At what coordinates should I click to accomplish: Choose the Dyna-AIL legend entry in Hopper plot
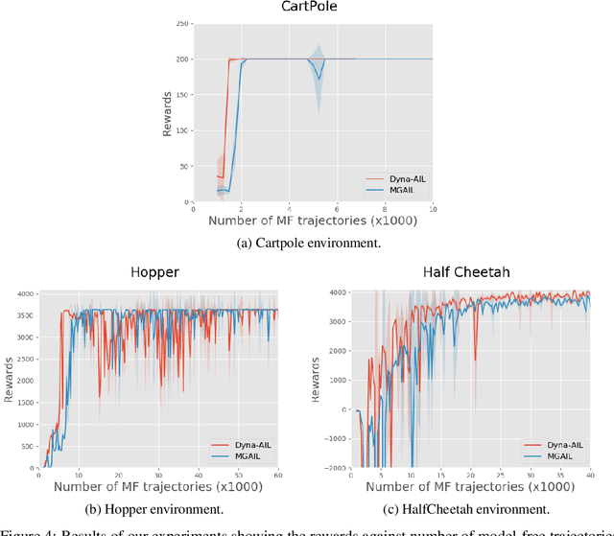tap(239, 445)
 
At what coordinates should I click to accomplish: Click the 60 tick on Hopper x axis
tap(277, 476)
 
